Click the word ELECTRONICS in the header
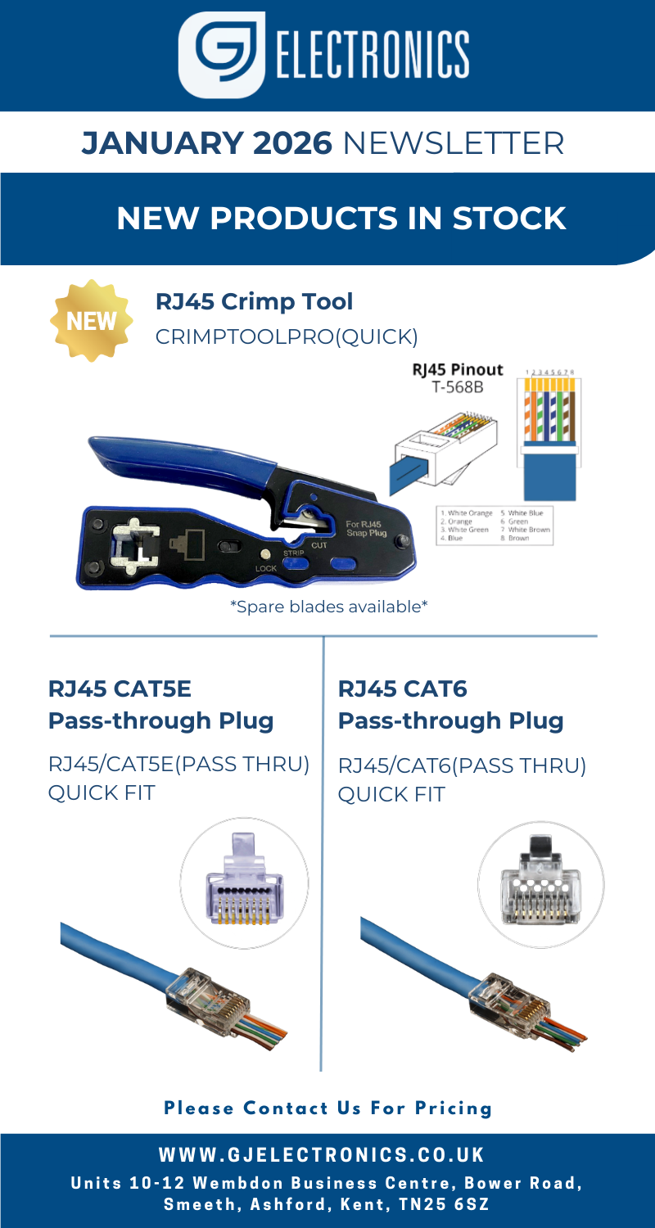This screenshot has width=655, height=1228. [373, 53]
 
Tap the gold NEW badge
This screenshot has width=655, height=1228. [91, 320]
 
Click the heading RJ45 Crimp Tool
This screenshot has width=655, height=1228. [255, 301]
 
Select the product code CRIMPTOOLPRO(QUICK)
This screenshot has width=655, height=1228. [287, 336]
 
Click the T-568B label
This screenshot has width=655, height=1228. [458, 386]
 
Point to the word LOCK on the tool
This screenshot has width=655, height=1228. [267, 567]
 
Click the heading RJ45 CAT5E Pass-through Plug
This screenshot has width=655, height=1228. [160, 705]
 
